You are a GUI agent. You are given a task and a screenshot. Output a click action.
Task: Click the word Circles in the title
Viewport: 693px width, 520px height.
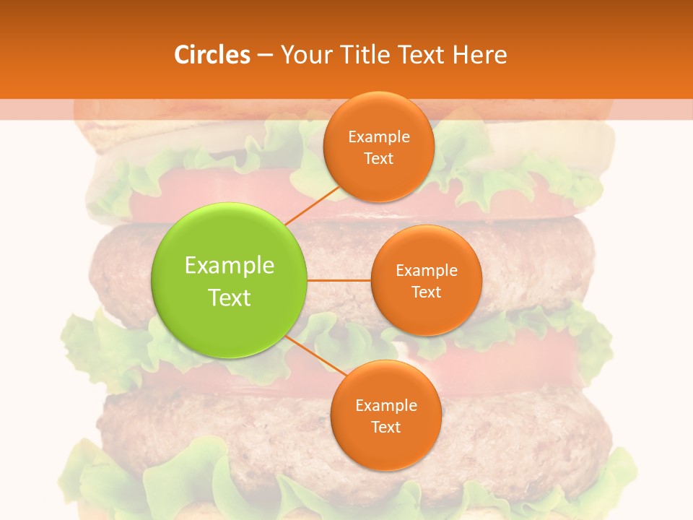pos(212,55)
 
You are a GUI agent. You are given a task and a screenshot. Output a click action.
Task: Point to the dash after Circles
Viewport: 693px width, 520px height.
pos(265,56)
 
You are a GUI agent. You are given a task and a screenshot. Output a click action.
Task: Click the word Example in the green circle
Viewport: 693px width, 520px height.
pos(230,266)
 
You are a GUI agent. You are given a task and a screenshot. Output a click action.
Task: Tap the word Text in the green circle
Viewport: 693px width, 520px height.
pos(230,298)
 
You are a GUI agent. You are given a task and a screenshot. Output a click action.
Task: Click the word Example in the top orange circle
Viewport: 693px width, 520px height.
pos(379,136)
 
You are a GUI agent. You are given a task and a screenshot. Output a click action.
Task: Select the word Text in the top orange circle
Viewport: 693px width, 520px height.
pos(379,158)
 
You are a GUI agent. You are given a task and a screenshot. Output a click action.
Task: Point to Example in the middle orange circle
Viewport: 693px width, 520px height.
pos(427,270)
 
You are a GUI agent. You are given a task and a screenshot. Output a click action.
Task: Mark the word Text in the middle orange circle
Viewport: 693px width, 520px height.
pos(427,292)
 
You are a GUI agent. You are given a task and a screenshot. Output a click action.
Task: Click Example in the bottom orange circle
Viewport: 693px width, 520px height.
pos(386,405)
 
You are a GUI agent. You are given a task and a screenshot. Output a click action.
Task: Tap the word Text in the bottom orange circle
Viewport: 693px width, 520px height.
pos(386,427)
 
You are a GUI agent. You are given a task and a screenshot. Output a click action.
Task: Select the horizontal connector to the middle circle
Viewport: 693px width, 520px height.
pos(339,280)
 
